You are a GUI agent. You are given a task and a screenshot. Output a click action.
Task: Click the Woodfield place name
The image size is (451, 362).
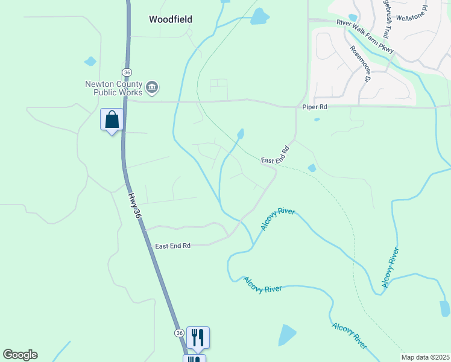171,19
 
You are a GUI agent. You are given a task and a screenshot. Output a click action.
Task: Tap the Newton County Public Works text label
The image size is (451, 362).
118,88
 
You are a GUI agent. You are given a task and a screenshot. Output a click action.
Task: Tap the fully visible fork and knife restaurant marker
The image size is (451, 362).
198,337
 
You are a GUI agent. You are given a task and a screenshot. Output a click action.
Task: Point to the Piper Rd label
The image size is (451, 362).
315,107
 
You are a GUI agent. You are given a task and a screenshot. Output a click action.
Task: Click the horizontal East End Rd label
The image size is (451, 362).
172,246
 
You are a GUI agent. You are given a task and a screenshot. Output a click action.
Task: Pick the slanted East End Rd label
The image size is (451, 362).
276,154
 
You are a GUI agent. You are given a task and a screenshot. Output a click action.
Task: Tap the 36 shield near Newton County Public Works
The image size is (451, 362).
126,72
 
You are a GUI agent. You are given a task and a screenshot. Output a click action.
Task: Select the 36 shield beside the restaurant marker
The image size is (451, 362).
179,333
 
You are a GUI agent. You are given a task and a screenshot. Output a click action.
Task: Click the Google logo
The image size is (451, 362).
20,355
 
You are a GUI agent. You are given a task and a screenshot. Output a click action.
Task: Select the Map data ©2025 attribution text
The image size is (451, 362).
425,357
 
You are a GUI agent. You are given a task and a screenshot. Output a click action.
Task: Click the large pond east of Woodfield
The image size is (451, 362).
259,16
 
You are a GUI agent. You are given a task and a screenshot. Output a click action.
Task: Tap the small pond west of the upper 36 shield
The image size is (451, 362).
90,61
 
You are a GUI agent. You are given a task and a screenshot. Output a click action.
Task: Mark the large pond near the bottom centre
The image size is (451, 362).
286,334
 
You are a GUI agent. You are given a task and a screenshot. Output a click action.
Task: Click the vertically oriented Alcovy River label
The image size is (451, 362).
389,267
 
